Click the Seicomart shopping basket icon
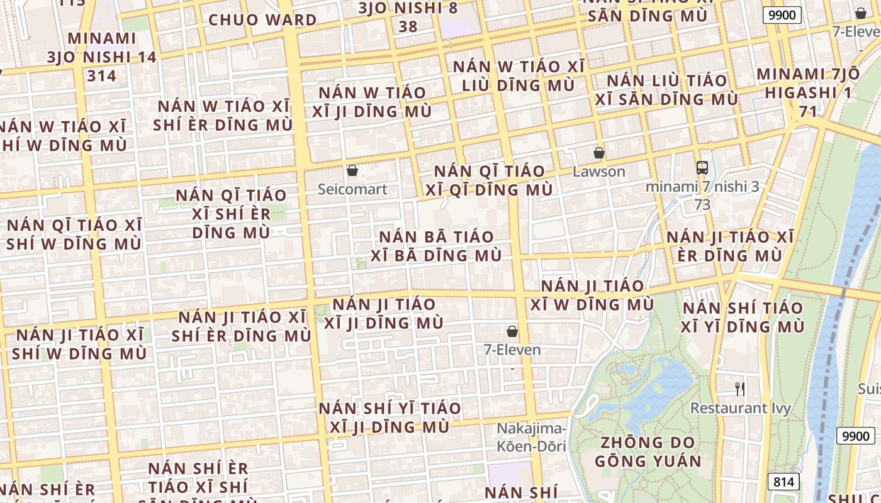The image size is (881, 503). [x=352, y=170]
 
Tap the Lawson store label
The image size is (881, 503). [x=598, y=172]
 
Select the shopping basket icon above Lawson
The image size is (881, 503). [x=599, y=153]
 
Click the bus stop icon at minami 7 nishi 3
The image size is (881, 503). [x=702, y=168]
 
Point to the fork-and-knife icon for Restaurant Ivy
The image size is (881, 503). [x=740, y=389]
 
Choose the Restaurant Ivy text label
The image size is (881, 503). [x=740, y=408]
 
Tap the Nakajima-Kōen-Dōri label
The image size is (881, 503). [x=532, y=438]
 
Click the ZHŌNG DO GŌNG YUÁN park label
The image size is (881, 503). [x=648, y=451]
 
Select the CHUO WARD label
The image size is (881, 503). [x=262, y=19]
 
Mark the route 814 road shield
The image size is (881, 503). [x=783, y=482]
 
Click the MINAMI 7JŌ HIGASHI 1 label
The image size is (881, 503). [x=808, y=92]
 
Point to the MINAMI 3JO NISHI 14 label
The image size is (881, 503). [x=102, y=57]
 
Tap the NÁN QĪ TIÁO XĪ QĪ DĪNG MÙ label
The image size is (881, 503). [x=489, y=180]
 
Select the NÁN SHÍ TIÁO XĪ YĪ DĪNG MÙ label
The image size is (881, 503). [x=743, y=317]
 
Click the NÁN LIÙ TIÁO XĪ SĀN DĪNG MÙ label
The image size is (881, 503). [x=666, y=90]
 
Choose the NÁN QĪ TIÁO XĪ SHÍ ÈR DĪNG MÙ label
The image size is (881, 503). [x=231, y=214]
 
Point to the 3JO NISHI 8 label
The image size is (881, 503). [x=408, y=16]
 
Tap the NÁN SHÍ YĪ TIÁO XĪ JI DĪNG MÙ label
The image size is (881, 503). [x=389, y=417]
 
